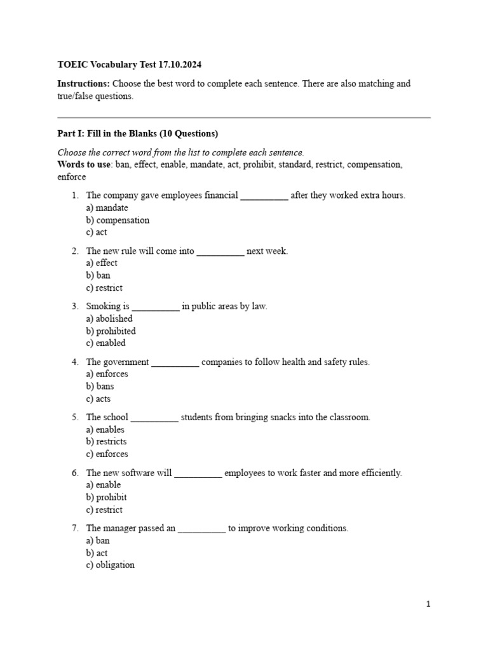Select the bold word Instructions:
click(83, 84)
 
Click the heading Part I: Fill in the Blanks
click(138, 133)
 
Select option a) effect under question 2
click(102, 263)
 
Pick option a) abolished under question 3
click(109, 319)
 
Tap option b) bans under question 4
click(100, 386)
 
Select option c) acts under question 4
click(98, 399)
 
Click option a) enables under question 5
click(105, 430)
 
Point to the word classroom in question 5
click(348, 418)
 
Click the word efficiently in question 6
click(379, 474)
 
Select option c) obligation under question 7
click(110, 565)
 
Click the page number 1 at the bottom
click(428, 604)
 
